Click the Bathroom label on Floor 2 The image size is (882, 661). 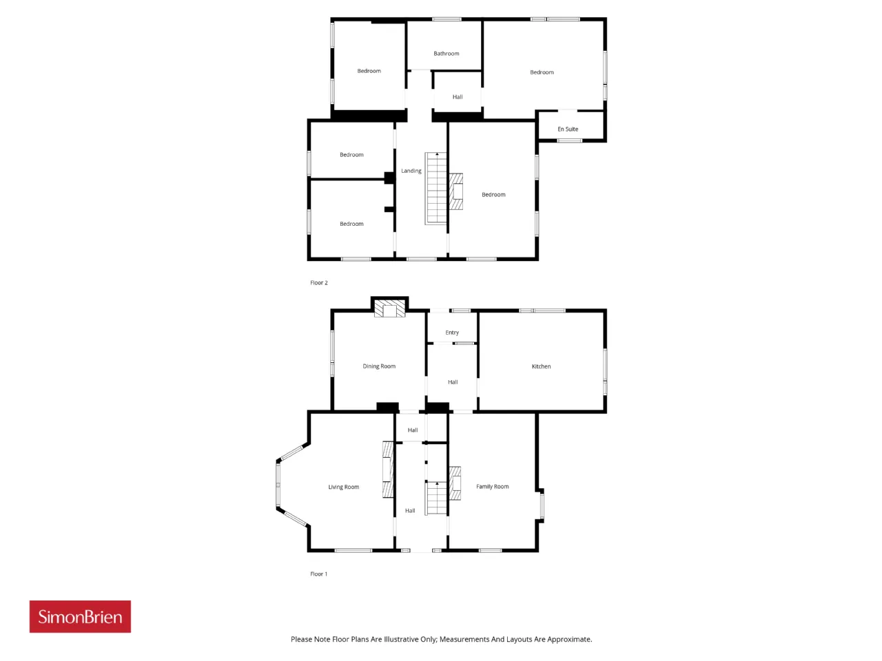(446, 54)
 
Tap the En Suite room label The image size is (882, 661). (568, 129)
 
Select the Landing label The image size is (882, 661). (411, 171)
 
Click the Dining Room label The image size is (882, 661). (379, 366)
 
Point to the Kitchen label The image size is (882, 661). (541, 366)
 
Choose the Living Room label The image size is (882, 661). (344, 487)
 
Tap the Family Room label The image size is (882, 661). (492, 486)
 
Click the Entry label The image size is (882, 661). (452, 333)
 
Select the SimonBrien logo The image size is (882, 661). (80, 616)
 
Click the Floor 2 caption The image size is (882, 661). (318, 282)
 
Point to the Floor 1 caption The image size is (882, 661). (318, 574)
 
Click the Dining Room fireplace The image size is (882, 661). (389, 308)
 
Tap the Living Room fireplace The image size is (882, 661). (388, 470)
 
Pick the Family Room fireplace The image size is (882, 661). (455, 483)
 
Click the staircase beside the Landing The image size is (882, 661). (436, 188)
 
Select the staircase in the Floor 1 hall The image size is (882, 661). (436, 498)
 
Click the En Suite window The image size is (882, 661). (569, 140)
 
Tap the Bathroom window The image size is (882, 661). (447, 19)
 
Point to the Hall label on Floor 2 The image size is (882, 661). (458, 96)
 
